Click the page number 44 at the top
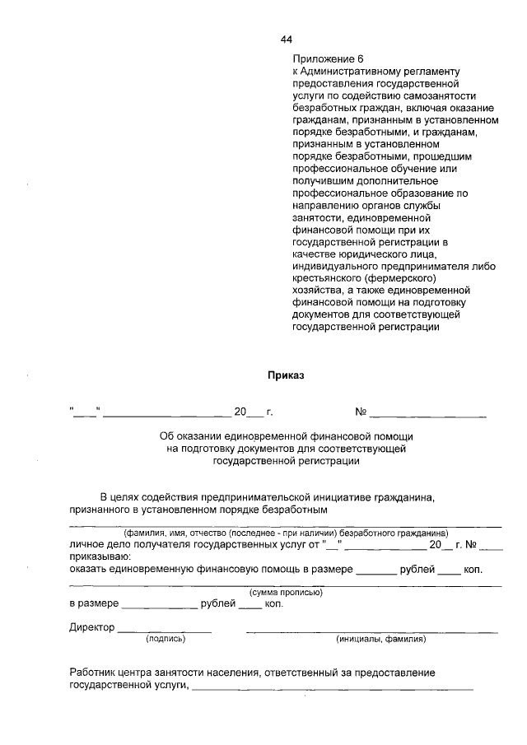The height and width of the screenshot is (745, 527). pos(287,39)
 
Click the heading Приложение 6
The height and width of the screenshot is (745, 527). pos(328,60)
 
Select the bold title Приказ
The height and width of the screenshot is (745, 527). pos(286,375)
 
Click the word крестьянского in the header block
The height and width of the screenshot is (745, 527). pos(325,278)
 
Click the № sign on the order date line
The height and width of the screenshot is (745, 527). pos(360,411)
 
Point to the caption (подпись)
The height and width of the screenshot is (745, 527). pos(166,639)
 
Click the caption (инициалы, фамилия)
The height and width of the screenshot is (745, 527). pos(380,639)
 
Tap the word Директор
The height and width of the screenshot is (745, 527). pos(92,627)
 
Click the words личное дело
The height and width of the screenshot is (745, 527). pos(100,544)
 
